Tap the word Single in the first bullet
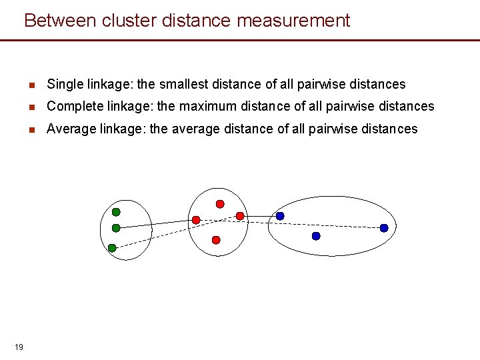64,85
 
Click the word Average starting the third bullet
71,129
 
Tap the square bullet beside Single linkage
31,85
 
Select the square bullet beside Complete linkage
31,107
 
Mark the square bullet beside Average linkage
31,129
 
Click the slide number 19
19,347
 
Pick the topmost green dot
116,212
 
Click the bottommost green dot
112,248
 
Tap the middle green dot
116,228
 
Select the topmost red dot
220,204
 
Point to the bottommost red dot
215,239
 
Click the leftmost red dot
196,220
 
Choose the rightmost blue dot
384,228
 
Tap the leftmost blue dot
280,216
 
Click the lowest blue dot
316,236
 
